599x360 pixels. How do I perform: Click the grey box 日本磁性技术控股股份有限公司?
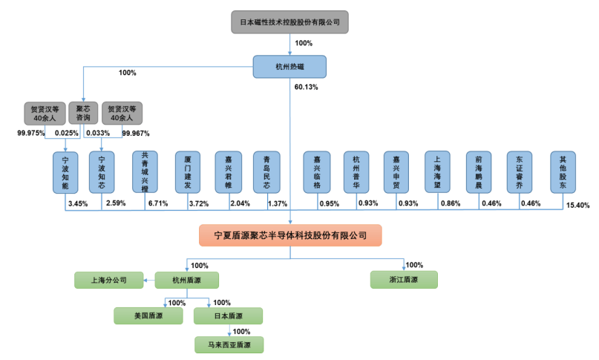pyautogui.click(x=290, y=22)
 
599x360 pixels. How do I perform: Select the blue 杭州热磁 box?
pyautogui.click(x=290, y=67)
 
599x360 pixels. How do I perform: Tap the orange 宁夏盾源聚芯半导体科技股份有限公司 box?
pyautogui.click(x=290, y=235)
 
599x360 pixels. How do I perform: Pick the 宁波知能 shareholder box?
pyautogui.click(x=65, y=172)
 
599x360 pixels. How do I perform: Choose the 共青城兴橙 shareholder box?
pyautogui.click(x=145, y=172)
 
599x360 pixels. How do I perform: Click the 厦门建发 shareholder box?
pyautogui.click(x=188, y=172)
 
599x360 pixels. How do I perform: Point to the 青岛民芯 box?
pyautogui.click(x=267, y=172)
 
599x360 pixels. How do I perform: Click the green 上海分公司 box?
pyautogui.click(x=108, y=280)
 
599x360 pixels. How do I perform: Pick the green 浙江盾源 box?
pyautogui.click(x=404, y=280)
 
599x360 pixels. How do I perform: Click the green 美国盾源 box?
pyautogui.click(x=148, y=315)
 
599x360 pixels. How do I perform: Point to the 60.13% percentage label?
pyautogui.click(x=307, y=87)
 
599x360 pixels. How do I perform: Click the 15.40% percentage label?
pyautogui.click(x=577, y=205)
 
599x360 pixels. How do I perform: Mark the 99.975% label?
pyautogui.click(x=32, y=134)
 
